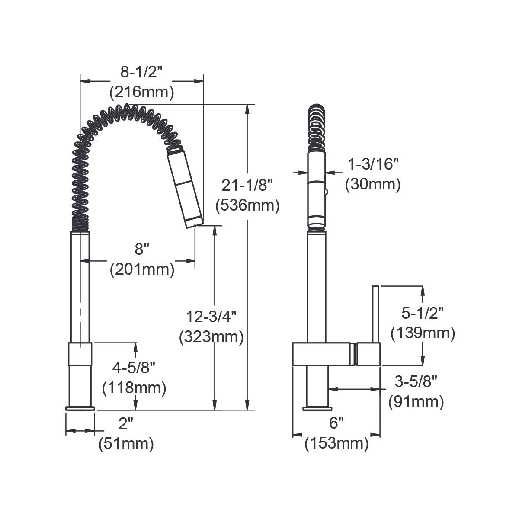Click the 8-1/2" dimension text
pyautogui.click(x=141, y=72)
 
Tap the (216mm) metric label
pyautogui.click(x=141, y=92)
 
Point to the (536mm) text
pyautogui.click(x=247, y=205)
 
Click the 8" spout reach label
pyautogui.click(x=142, y=250)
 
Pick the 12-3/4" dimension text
pyautogui.click(x=211, y=317)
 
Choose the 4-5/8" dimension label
pyautogui.click(x=134, y=368)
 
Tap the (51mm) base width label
pyautogui.click(x=126, y=444)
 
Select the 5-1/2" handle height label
pyautogui.click(x=423, y=312)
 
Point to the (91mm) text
pyautogui.click(x=416, y=402)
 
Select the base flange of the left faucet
pyautogui.click(x=80, y=408)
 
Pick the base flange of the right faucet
pyautogui.click(x=317, y=408)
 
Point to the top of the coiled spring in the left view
pyautogui.click(x=126, y=108)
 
